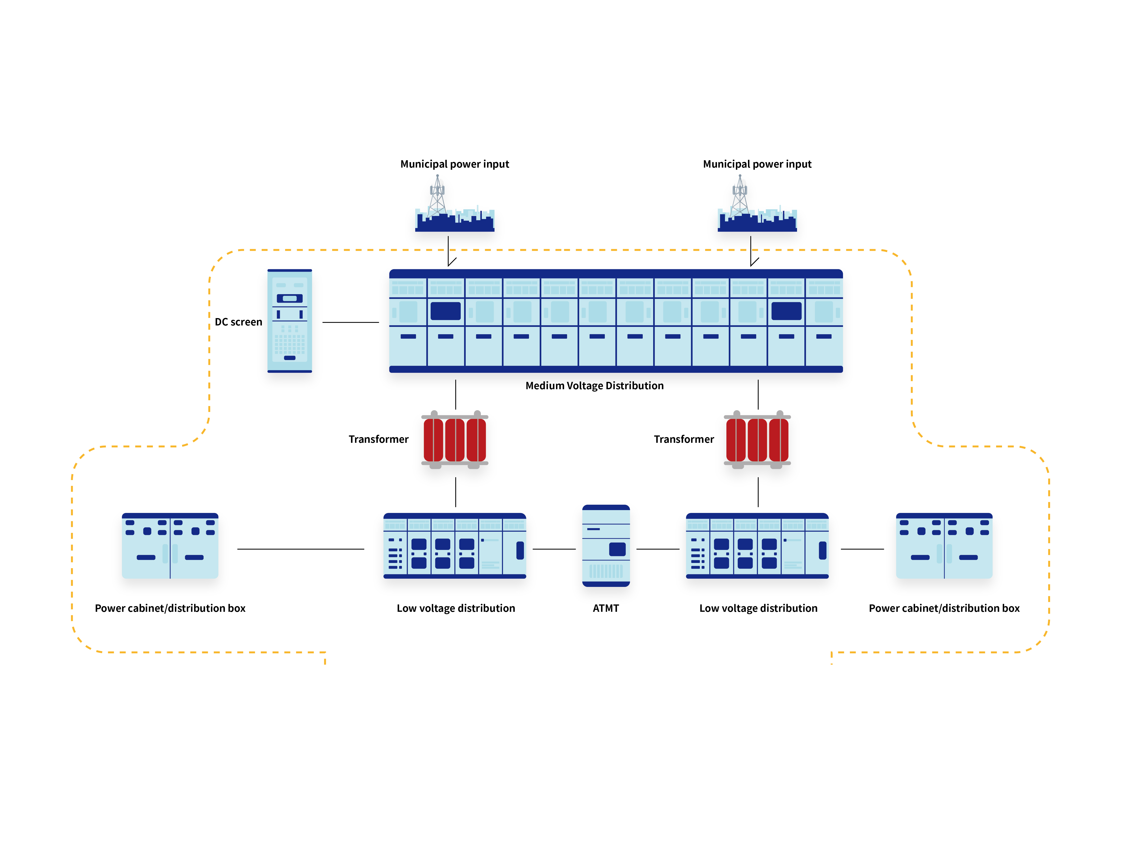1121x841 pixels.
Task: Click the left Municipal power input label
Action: pos(455,164)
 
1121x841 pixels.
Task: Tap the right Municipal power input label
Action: pos(757,164)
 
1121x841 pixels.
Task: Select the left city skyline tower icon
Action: pos(455,205)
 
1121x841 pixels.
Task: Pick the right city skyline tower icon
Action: pos(757,205)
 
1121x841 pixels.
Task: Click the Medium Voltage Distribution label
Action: pos(594,386)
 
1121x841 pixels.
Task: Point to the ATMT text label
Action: pos(606,608)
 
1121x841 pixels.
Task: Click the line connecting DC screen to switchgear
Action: pos(351,322)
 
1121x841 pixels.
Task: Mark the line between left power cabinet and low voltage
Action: pos(301,549)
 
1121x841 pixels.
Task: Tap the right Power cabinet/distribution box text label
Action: pos(944,608)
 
